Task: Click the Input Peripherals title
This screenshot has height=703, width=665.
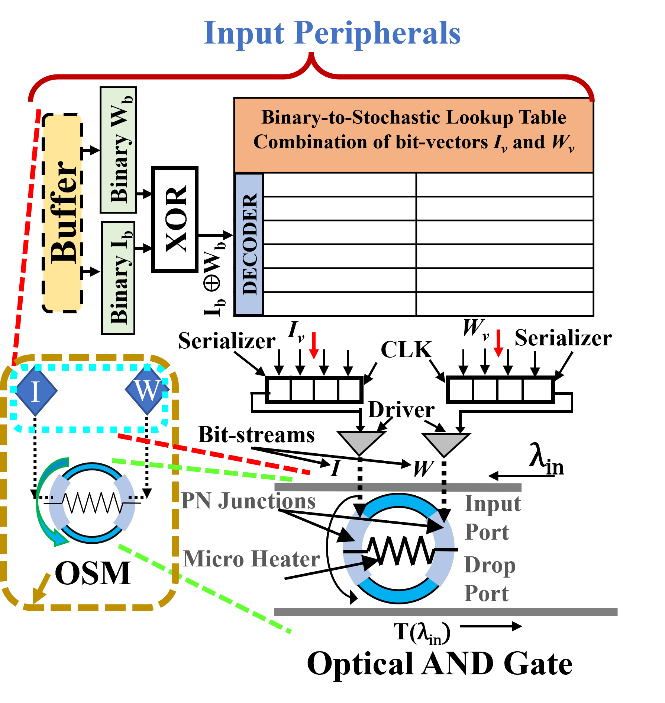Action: (332, 33)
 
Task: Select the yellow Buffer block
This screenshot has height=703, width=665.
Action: (62, 213)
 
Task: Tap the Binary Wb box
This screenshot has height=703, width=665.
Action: (118, 150)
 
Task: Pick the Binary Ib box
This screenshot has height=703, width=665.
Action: (118, 278)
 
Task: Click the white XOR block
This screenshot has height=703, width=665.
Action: (175, 219)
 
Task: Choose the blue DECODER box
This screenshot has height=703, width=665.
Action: (249, 244)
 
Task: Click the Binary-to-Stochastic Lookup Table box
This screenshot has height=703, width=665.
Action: (413, 135)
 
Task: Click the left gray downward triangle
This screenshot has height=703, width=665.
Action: (361, 441)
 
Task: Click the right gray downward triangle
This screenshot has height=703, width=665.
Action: (445, 443)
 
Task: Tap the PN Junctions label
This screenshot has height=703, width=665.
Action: (248, 501)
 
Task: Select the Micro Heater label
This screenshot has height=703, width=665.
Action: (252, 559)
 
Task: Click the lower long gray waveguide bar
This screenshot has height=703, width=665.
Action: (445, 612)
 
